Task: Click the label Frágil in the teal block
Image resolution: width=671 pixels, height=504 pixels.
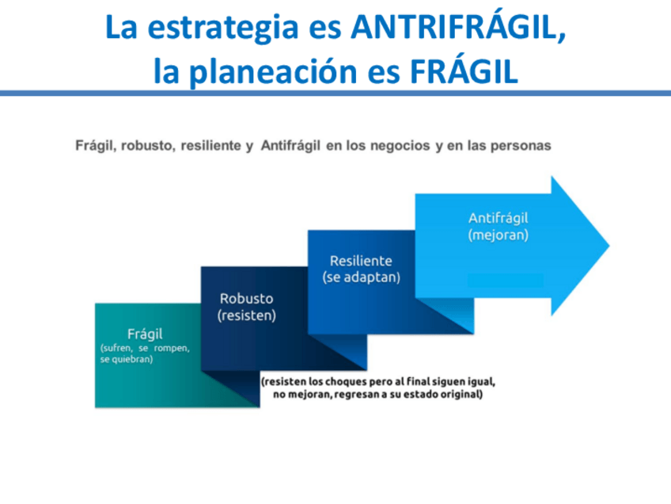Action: pos(145,334)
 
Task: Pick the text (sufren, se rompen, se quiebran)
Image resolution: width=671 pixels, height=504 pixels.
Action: pos(145,353)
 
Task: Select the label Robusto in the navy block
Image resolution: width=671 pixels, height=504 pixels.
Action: pos(246,299)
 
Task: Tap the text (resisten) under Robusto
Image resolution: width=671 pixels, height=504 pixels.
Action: pos(246,315)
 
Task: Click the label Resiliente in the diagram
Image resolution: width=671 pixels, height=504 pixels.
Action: pos(361,261)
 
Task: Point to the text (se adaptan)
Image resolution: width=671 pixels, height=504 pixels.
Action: pos(361,277)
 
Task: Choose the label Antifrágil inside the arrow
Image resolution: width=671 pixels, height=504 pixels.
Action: pos(498,218)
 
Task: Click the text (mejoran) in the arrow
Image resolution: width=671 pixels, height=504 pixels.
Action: pos(498,235)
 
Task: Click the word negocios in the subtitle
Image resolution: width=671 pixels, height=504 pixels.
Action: pos(400,146)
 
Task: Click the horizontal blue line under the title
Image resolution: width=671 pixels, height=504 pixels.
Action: pos(335,94)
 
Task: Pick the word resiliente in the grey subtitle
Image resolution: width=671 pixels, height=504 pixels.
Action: pos(211,146)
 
